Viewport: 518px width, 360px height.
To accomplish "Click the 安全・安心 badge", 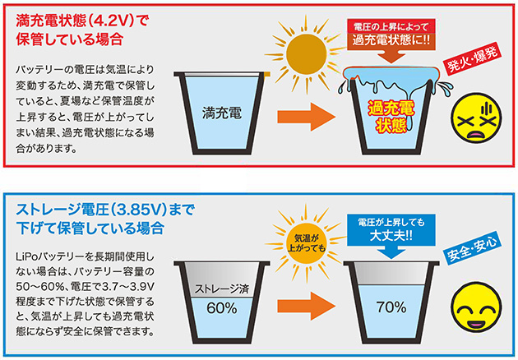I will pos(471,246).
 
